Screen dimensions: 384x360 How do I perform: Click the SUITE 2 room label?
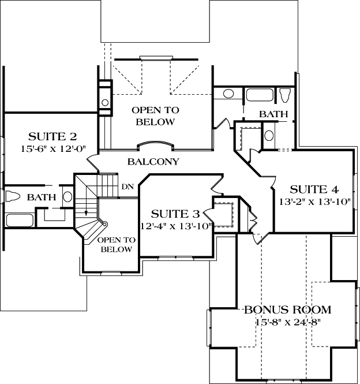pyautogui.click(x=52, y=137)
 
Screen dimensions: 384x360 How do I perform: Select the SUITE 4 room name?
pyautogui.click(x=314, y=189)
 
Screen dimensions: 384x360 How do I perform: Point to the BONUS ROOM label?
pyautogui.click(x=287, y=310)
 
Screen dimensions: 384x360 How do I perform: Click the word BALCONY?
pyautogui.click(x=153, y=162)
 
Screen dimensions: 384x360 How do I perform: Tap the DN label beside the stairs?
pyautogui.click(x=128, y=187)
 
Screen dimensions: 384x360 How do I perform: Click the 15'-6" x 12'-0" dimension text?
pyautogui.click(x=52, y=149)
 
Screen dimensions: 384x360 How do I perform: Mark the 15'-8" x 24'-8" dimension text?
pyautogui.click(x=287, y=322)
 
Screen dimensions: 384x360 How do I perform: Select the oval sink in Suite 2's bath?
pyautogui.click(x=67, y=197)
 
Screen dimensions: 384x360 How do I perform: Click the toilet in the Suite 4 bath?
pyautogui.click(x=284, y=95)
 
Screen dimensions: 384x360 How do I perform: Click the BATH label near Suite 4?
pyautogui.click(x=273, y=114)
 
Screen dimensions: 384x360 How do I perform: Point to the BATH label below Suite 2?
pyautogui.click(x=42, y=197)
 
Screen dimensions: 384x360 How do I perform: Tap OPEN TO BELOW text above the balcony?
pyautogui.click(x=155, y=115)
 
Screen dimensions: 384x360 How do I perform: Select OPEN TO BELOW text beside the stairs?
pyautogui.click(x=116, y=244)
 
